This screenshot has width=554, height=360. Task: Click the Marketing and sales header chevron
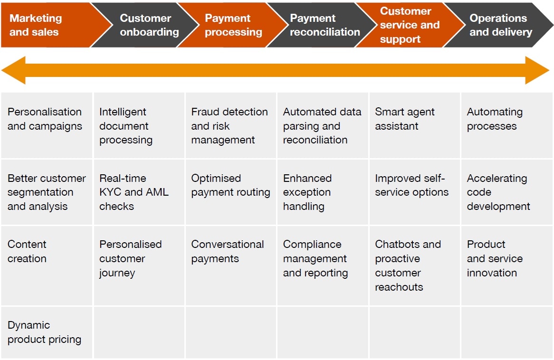43,25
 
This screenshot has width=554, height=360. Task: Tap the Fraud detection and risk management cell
230,126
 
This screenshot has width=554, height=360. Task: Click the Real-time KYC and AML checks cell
138,192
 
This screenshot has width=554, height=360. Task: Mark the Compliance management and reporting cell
322,259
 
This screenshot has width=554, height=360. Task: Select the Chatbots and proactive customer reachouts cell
414,265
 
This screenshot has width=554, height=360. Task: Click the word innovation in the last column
492,273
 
